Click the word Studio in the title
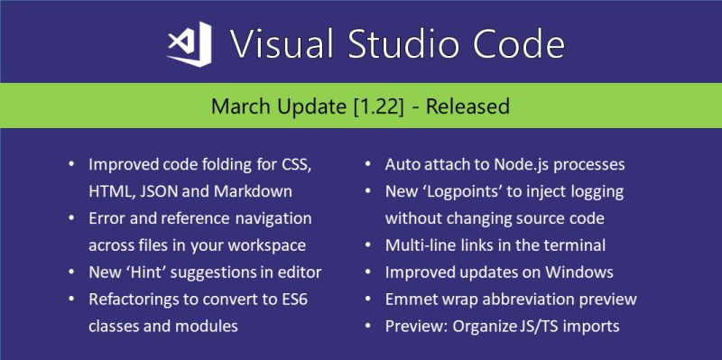[393, 43]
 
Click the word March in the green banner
[237, 106]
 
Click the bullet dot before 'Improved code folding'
[72, 166]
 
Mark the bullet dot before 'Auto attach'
[369, 166]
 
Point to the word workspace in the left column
[274, 245]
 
